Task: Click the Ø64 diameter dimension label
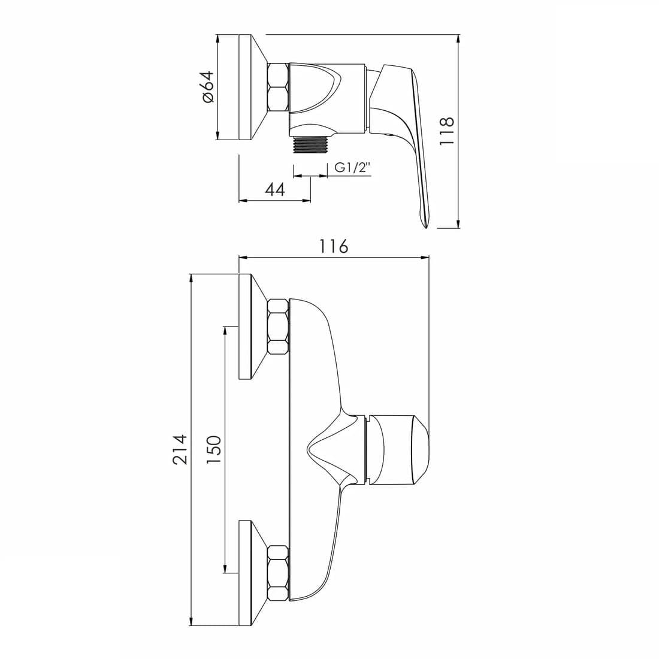coord(208,86)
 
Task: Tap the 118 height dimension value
coord(447,131)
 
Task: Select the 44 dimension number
coord(276,189)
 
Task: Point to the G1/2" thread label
coord(352,168)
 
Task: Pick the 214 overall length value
coord(180,449)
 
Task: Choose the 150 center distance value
coord(214,449)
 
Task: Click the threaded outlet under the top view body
coord(310,145)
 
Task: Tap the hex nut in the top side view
coord(278,87)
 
